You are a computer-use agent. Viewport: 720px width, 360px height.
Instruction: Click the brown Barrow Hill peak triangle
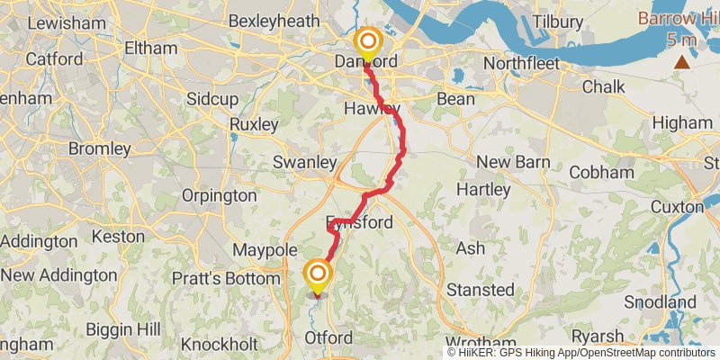tap(683, 61)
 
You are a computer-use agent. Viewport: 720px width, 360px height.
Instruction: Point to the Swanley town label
tap(304, 163)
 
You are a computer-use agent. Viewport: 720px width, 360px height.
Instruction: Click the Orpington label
tap(219, 195)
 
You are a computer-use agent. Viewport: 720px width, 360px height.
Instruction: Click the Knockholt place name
tap(219, 345)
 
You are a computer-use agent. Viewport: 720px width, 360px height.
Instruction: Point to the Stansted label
tap(481, 291)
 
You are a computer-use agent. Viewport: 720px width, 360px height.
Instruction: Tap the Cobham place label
tap(600, 172)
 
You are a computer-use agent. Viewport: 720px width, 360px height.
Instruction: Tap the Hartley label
tap(482, 190)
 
